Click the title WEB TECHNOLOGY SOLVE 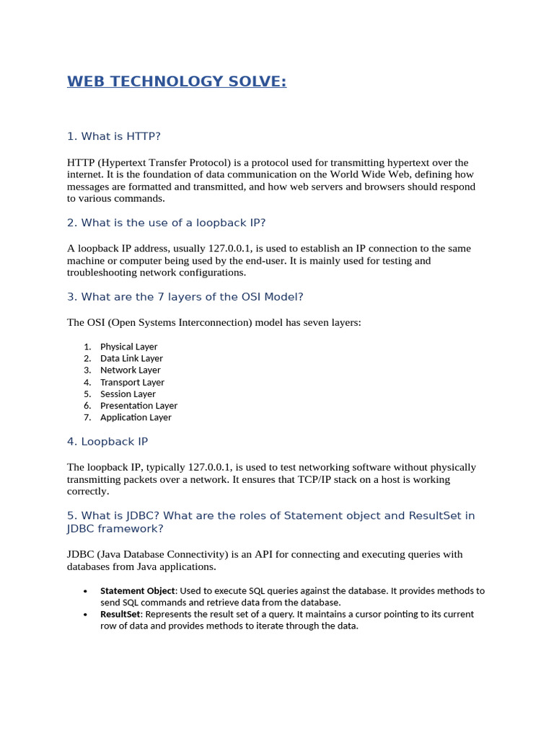click(x=177, y=82)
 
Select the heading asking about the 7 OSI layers click(x=185, y=297)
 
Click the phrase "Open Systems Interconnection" click(x=173, y=323)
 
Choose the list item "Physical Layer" click(x=128, y=347)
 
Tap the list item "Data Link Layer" click(x=131, y=358)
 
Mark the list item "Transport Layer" click(x=132, y=382)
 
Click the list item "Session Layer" click(x=128, y=394)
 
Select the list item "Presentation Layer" click(x=138, y=406)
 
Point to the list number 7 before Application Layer click(x=87, y=417)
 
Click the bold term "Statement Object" click(x=137, y=591)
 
